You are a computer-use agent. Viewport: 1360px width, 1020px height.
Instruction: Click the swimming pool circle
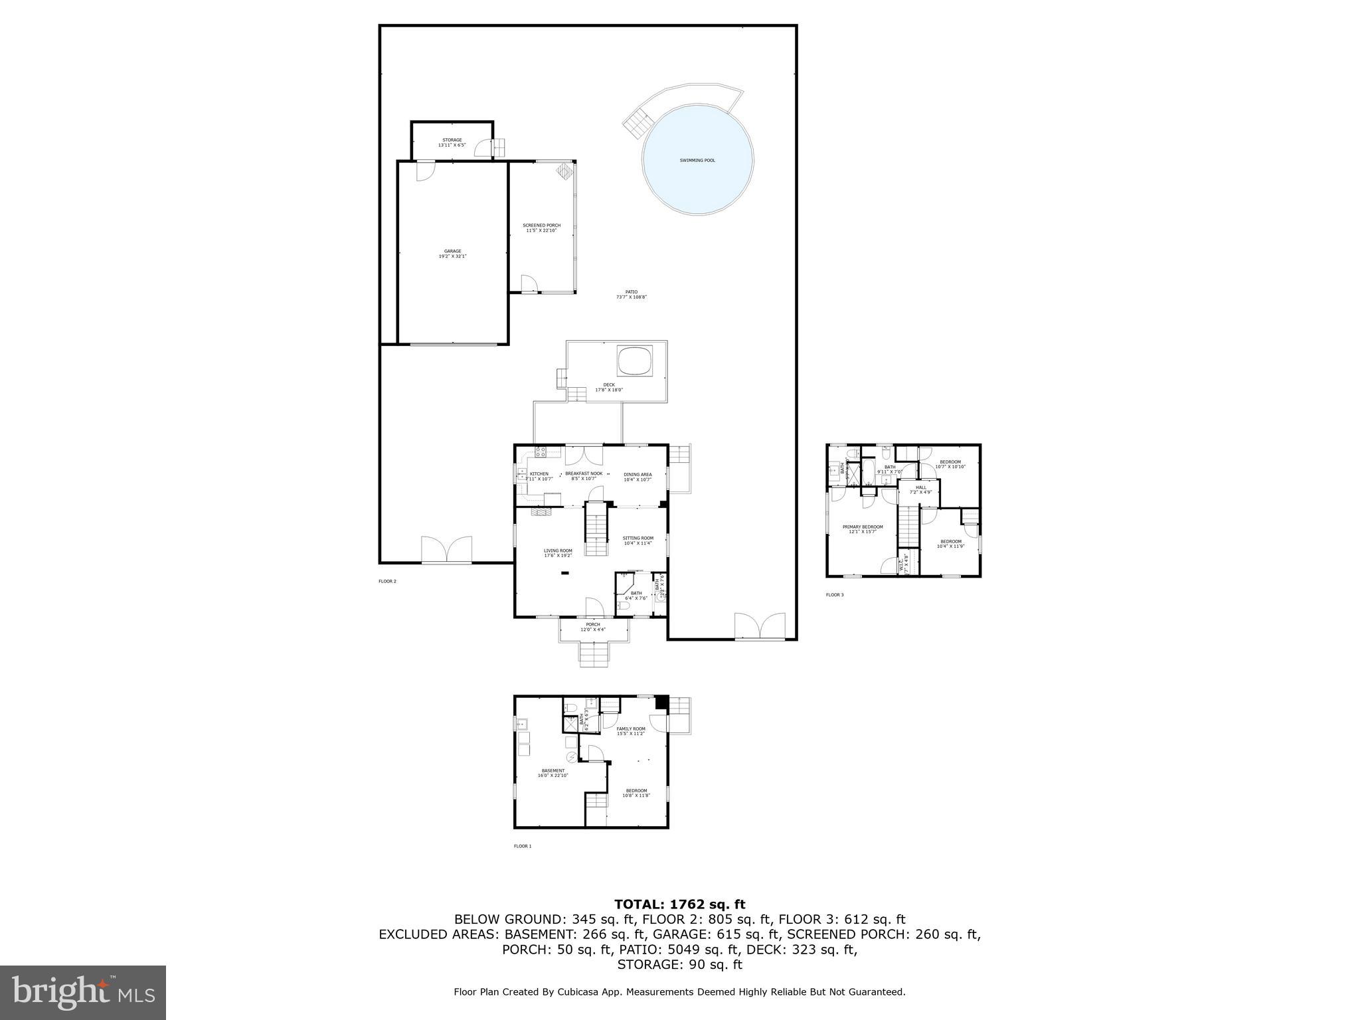(x=697, y=160)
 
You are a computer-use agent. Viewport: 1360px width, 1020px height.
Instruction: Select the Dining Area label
(x=637, y=475)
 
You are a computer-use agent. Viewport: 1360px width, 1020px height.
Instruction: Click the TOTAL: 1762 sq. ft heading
(x=679, y=904)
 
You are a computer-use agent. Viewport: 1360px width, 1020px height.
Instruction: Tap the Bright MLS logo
(x=83, y=992)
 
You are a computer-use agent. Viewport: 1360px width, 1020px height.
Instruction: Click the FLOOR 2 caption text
(x=387, y=581)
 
